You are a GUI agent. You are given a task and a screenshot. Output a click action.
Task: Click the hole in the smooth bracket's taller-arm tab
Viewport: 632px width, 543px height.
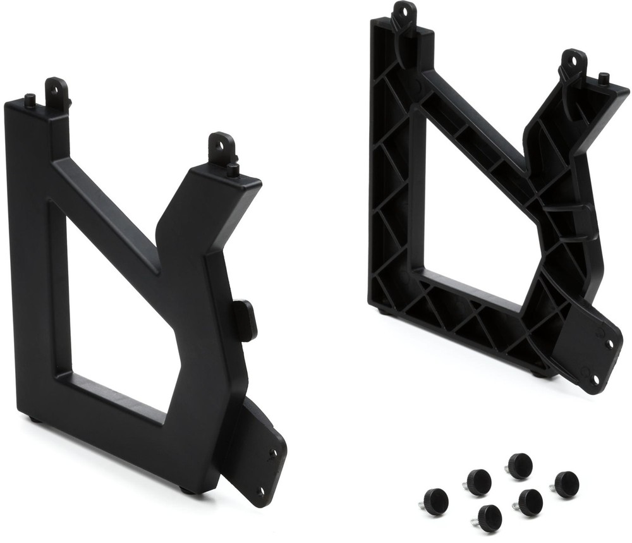point(56,90)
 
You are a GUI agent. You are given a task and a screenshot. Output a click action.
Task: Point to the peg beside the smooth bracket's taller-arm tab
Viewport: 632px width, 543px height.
point(30,99)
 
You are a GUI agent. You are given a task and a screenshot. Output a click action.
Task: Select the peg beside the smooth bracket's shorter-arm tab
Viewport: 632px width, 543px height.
point(233,169)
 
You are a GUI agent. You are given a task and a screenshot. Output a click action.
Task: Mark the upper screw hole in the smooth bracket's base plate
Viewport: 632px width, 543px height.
point(273,453)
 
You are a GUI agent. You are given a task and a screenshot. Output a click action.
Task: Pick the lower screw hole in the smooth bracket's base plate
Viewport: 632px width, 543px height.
point(260,491)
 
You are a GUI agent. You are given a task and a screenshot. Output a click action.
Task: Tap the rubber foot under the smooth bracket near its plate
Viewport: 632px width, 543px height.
point(187,489)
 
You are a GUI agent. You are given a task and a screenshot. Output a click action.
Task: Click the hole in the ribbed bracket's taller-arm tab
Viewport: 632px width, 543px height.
point(403,11)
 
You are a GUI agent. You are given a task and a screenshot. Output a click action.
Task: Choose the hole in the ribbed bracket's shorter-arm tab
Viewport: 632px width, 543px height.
point(574,61)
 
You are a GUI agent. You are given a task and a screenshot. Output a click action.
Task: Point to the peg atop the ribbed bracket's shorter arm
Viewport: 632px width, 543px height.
point(604,78)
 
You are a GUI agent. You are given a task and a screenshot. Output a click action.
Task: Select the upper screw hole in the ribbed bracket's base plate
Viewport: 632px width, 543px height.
point(610,345)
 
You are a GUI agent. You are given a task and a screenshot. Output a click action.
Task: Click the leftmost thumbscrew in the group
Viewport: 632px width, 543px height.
point(435,501)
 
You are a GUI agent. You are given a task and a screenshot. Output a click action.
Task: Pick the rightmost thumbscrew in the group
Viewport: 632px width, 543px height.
point(566,484)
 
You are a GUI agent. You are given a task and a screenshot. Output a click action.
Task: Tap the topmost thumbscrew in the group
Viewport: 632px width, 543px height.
point(520,465)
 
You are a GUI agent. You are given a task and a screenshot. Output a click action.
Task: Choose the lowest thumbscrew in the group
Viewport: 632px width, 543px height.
point(489,518)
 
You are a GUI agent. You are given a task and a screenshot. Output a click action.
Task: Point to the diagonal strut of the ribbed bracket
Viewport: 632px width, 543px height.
point(474,124)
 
